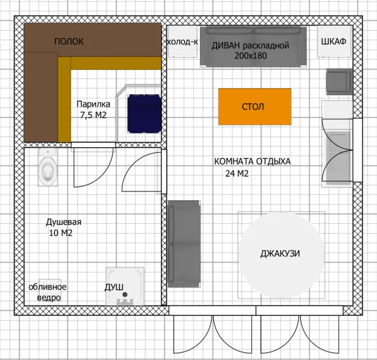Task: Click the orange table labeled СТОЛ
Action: pos(255,106)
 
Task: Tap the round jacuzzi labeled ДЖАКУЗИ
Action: pos(281,255)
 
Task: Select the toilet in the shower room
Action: pos(48,167)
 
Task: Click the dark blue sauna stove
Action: pos(144,113)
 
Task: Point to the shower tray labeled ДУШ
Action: pos(125,286)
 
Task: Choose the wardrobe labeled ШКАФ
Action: pos(334,41)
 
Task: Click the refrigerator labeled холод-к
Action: pos(183,41)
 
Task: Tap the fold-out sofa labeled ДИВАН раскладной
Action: pos(253,46)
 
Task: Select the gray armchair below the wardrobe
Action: pos(339,82)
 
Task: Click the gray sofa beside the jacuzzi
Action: pos(184,244)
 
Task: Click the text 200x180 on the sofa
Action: pos(250,56)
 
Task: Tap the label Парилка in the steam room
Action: pos(93,104)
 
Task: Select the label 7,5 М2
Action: pos(93,115)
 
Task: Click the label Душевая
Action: pos(64,222)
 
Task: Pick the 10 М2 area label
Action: pos(60,233)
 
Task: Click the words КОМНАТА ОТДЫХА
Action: pos(252,161)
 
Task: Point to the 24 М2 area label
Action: pos(237,173)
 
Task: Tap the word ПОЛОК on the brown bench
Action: pos(69,41)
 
